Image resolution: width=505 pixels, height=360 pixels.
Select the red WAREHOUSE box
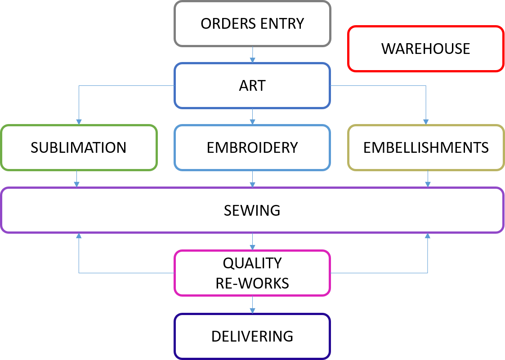click(425, 49)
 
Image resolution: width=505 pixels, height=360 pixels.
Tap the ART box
click(252, 85)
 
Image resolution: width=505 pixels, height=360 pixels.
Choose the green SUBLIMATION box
click(79, 147)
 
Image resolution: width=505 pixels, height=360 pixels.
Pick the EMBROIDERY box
click(252, 147)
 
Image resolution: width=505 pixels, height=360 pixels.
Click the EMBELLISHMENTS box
click(426, 147)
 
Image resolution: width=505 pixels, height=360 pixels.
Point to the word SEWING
click(252, 210)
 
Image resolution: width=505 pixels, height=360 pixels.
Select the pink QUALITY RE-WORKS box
click(252, 273)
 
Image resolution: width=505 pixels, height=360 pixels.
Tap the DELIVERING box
click(252, 336)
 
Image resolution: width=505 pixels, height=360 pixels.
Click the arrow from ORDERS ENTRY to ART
click(252, 54)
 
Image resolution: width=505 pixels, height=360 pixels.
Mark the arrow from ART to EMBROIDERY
click(252, 116)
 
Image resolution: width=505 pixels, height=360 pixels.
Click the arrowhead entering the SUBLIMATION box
click(79, 122)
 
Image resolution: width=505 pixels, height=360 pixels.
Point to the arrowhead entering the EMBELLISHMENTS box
click(426, 122)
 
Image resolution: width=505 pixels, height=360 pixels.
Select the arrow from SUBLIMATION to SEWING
click(77, 179)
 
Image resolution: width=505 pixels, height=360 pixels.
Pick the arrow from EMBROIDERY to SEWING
click(252, 179)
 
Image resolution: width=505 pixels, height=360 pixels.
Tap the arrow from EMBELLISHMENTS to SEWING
click(428, 179)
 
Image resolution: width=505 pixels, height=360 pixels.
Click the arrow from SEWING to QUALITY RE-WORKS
click(252, 241)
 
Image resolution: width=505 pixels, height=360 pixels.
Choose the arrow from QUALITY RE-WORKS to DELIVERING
click(252, 305)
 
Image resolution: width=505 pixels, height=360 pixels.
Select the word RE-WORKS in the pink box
click(252, 283)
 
